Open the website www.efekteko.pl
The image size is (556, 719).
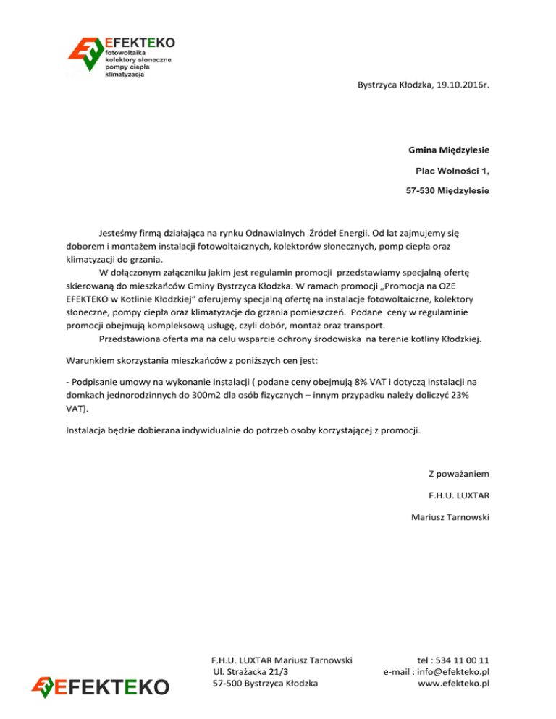point(455,684)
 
